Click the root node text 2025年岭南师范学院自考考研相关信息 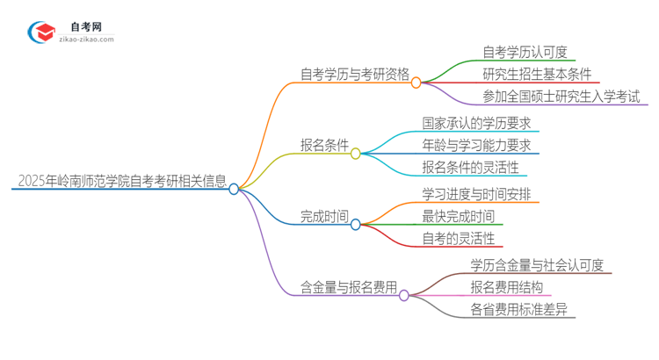tap(121, 181)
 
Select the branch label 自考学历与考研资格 tap(354, 75)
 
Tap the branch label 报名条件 tap(324, 145)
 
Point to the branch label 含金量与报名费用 tap(349, 287)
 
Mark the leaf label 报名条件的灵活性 tap(470, 167)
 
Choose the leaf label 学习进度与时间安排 tap(475, 193)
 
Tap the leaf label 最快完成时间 tap(458, 216)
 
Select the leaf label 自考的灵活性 tap(458, 239)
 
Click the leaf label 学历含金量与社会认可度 tap(537, 264)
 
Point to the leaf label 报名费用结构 tap(506, 287)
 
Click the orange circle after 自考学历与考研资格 tap(416, 82)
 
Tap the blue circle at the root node tap(234, 189)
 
